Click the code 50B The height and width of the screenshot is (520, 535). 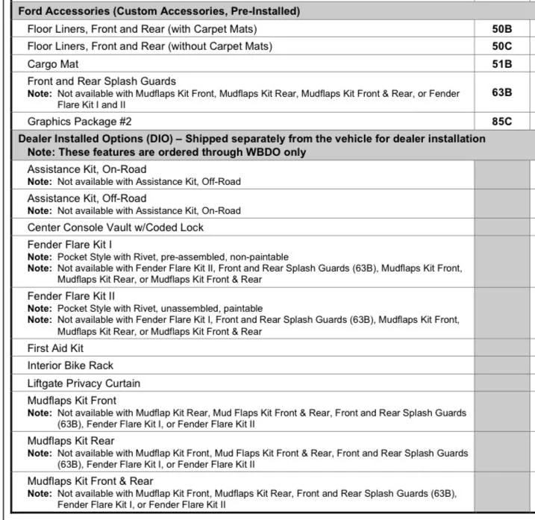(x=501, y=29)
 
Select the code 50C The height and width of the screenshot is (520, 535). (x=501, y=46)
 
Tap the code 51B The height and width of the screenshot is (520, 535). (x=501, y=63)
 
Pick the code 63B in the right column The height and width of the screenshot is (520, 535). (x=501, y=93)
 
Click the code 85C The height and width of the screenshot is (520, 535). (x=501, y=122)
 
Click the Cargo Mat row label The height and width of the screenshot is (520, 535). (x=53, y=63)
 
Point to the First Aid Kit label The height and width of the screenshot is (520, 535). (x=55, y=348)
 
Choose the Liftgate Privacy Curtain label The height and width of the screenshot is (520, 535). (x=84, y=383)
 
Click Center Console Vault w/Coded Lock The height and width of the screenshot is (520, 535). (x=115, y=228)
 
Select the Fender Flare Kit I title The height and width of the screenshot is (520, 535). (x=69, y=245)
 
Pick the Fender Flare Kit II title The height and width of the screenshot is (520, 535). (x=71, y=296)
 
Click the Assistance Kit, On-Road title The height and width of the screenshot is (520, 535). (x=87, y=169)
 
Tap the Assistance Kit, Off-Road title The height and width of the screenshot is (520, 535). (x=87, y=198)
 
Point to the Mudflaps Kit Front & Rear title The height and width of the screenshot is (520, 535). (x=90, y=481)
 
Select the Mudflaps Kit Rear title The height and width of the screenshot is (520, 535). (x=71, y=441)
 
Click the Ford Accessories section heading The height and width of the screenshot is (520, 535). (x=158, y=11)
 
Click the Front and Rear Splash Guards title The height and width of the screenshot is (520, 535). (x=101, y=81)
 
